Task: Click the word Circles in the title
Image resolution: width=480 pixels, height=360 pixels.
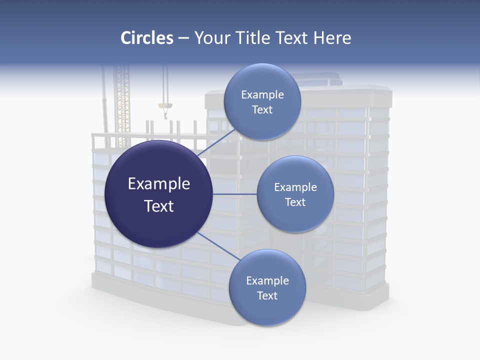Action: [x=146, y=38]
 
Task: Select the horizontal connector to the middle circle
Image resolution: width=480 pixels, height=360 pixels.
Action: [x=234, y=194]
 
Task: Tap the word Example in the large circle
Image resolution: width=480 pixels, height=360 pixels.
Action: [x=159, y=184]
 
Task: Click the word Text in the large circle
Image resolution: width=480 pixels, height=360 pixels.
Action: [x=159, y=206]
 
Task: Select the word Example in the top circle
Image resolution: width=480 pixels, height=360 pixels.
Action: [x=262, y=95]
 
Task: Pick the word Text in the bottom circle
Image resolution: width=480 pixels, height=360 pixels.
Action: [x=267, y=295]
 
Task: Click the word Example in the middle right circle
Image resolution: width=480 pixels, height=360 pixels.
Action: [x=295, y=187]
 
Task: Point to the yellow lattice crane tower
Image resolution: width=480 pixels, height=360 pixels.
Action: [x=122, y=105]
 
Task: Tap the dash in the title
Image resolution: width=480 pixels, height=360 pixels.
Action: [x=183, y=38]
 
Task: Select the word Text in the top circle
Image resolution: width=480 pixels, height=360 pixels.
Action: [x=262, y=110]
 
